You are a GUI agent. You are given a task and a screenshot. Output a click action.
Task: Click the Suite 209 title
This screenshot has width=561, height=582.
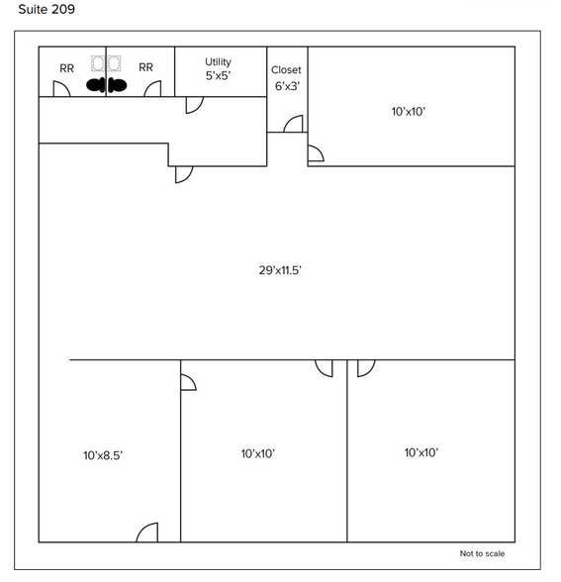click(x=47, y=9)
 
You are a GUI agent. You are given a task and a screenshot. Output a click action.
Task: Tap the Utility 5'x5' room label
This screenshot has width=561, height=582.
click(x=218, y=68)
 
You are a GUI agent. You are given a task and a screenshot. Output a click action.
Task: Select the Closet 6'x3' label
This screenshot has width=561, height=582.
click(x=287, y=78)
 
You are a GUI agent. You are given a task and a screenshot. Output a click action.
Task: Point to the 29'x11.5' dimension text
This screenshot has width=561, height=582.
click(x=280, y=270)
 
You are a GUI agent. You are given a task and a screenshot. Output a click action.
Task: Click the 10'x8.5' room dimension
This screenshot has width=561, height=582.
click(x=103, y=455)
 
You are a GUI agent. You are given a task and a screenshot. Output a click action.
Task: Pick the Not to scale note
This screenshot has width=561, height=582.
click(x=482, y=553)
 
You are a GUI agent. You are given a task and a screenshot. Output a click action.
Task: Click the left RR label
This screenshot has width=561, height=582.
click(x=67, y=68)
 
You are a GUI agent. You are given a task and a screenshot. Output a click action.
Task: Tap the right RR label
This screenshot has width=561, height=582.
click(x=145, y=67)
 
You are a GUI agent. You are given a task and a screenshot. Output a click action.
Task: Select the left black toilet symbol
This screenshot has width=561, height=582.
click(x=96, y=86)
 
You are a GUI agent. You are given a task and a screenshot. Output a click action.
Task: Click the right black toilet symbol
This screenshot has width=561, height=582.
click(x=117, y=86)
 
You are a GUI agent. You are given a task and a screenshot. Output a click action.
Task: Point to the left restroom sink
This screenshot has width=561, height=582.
click(x=98, y=63)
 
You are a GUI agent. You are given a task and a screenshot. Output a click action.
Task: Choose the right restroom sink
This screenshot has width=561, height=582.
click(x=114, y=63)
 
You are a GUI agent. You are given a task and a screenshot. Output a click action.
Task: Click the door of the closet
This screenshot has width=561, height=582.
click(x=293, y=124)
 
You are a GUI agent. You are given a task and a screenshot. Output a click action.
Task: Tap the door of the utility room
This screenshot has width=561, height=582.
click(x=194, y=105)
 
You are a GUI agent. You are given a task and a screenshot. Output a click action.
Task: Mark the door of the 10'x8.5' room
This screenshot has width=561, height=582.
click(x=147, y=533)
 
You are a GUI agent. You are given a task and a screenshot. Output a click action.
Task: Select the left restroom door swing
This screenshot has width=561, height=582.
click(x=61, y=89)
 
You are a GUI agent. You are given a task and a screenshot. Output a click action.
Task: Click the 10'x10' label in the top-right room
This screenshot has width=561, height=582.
click(x=408, y=111)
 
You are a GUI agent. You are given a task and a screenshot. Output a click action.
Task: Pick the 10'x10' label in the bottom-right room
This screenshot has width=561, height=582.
click(x=421, y=452)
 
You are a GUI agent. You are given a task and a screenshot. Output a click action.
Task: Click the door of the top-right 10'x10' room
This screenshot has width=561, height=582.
click(x=316, y=153)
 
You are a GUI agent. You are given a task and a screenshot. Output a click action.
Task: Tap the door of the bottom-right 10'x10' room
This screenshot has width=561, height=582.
click(x=366, y=368)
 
